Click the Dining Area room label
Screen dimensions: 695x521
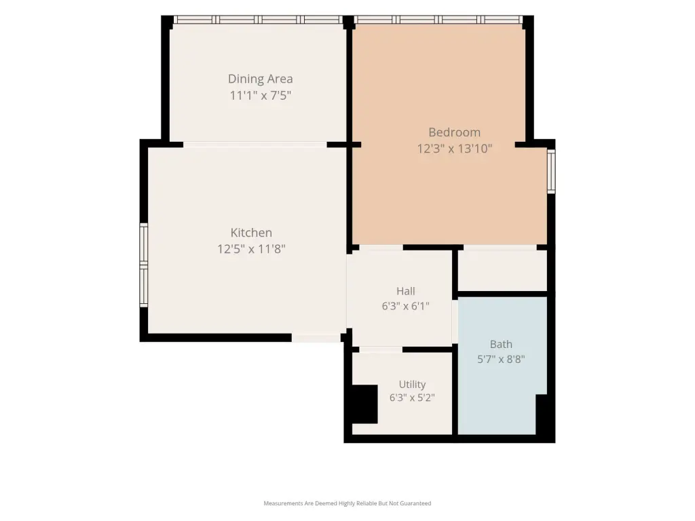point(260,79)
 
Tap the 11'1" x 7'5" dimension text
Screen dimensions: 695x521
point(260,95)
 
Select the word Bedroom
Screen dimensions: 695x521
point(454,132)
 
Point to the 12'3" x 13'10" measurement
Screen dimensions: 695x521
point(454,149)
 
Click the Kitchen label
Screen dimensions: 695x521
point(251,233)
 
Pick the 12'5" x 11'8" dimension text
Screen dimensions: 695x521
point(251,249)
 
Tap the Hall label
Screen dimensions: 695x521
point(406,291)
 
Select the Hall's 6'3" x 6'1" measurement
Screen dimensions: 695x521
point(406,306)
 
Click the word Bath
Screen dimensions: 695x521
point(501,344)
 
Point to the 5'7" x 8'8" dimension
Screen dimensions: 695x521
point(501,359)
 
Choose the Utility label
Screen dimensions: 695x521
point(412,384)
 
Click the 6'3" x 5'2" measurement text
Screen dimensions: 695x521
point(412,398)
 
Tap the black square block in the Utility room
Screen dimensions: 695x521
point(364,404)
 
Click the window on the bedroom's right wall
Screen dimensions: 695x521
point(551,172)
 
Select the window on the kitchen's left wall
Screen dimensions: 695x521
point(144,265)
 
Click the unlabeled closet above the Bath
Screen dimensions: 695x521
point(502,271)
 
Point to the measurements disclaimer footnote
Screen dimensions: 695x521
point(347,503)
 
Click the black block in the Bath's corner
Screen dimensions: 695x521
point(541,414)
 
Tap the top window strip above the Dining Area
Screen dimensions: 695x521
point(258,20)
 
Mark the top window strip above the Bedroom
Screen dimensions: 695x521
point(438,20)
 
